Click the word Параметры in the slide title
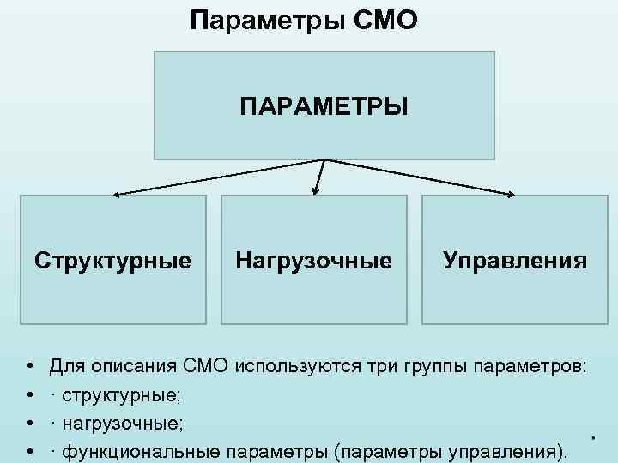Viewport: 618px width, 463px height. (x=266, y=19)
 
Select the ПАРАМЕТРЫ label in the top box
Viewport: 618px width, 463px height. (x=324, y=108)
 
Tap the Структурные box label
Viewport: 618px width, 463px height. (x=112, y=260)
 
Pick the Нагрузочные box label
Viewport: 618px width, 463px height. (x=313, y=260)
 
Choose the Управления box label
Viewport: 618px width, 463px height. (x=515, y=260)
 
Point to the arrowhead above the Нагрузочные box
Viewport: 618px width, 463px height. (x=316, y=193)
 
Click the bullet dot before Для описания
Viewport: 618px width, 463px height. (x=30, y=368)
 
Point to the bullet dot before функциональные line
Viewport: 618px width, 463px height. (x=30, y=452)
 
